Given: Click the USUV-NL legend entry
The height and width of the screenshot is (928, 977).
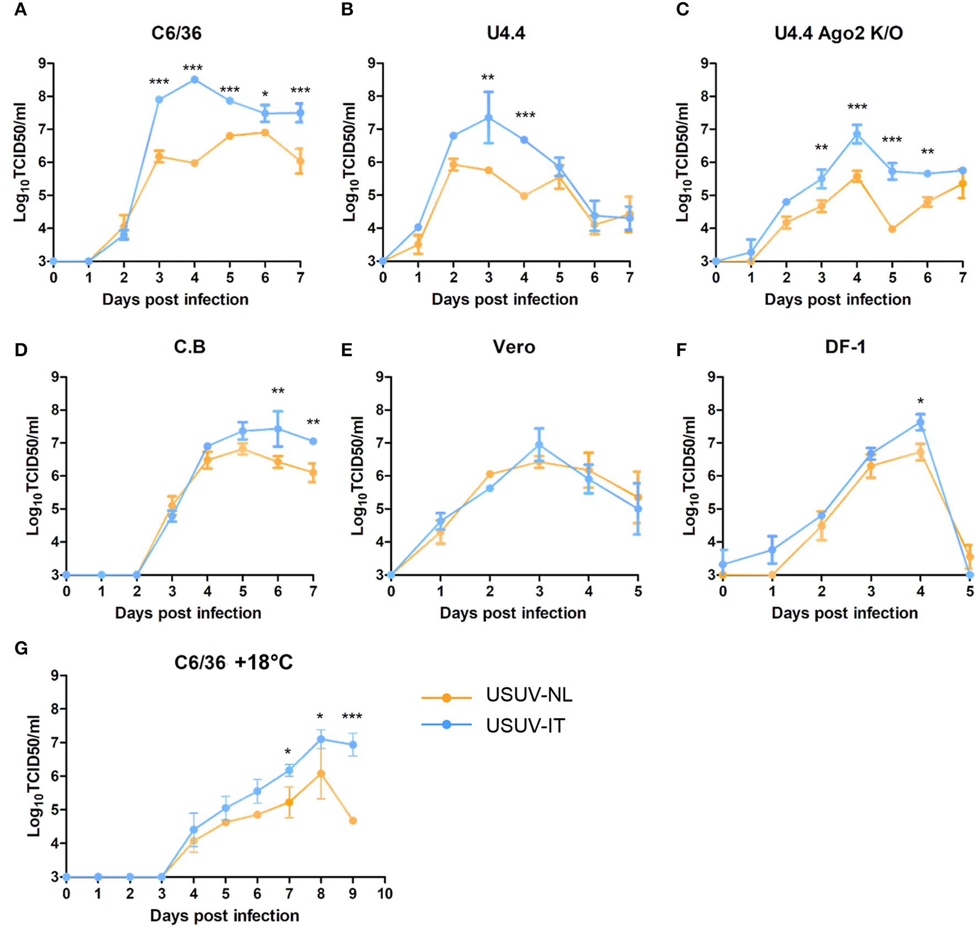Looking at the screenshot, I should pyautogui.click(x=528, y=695).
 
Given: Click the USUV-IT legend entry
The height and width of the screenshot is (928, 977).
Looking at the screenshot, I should pyautogui.click(x=525, y=726).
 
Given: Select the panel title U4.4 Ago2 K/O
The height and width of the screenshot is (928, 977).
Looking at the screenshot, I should pyautogui.click(x=838, y=33).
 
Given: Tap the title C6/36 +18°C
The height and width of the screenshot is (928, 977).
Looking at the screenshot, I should pyautogui.click(x=233, y=662).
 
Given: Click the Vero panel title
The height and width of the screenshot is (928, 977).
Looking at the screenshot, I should pyautogui.click(x=513, y=347).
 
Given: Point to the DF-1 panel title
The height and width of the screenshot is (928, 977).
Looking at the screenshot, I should pyautogui.click(x=845, y=347).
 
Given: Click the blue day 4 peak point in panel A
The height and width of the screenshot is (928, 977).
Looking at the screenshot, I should pyautogui.click(x=195, y=79).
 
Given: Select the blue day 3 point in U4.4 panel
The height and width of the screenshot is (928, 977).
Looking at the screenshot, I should pyautogui.click(x=488, y=117).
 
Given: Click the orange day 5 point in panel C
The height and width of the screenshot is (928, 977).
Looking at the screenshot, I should pyautogui.click(x=892, y=229).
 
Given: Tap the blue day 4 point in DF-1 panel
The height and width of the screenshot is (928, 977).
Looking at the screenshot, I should pyautogui.click(x=920, y=422).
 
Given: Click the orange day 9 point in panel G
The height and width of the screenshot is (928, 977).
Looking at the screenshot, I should pyautogui.click(x=353, y=820).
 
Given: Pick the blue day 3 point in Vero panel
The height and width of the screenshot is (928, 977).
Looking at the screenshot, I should pyautogui.click(x=539, y=444).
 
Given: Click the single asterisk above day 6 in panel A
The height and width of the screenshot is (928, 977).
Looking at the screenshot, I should pyautogui.click(x=265, y=94).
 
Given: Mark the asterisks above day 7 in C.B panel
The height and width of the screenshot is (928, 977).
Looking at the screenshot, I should pyautogui.click(x=313, y=422).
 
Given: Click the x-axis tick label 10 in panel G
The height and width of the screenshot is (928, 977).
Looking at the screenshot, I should pyautogui.click(x=384, y=894).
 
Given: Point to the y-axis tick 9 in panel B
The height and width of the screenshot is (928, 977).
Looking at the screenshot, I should pyautogui.click(x=372, y=63).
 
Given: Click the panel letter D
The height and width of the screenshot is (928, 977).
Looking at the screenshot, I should pyautogui.click(x=21, y=350).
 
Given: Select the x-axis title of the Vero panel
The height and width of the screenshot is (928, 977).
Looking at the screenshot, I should pyautogui.click(x=513, y=613).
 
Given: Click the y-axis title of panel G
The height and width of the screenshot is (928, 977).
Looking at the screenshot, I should pyautogui.click(x=34, y=776).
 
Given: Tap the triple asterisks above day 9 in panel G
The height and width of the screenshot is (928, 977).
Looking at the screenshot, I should pyautogui.click(x=352, y=716).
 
